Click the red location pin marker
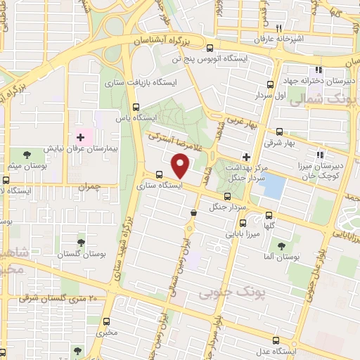181,166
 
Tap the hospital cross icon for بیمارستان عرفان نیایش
80,136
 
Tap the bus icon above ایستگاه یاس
137,108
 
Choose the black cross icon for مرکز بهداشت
246,157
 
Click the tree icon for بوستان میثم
27,153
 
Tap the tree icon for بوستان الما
281,246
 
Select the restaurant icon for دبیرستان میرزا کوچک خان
320,155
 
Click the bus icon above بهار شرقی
280,131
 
